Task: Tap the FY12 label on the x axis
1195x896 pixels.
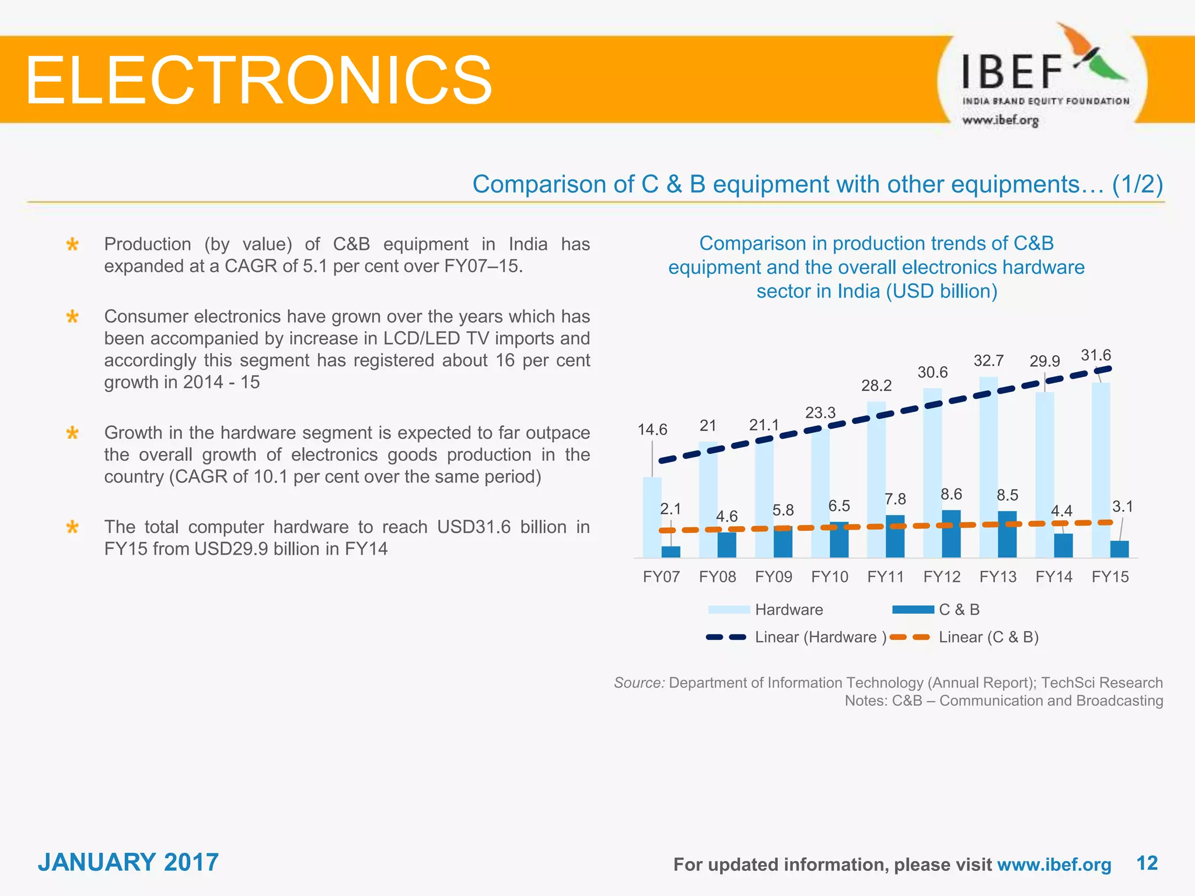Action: [941, 577]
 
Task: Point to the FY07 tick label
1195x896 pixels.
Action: [661, 577]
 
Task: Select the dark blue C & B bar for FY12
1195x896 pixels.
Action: [951, 534]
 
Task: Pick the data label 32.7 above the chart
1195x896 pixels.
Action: [988, 360]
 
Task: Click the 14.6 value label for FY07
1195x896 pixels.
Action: [652, 430]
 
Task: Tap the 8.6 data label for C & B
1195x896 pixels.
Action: [951, 495]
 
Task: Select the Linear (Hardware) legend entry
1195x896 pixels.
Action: [796, 637]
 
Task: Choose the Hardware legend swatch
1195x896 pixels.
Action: [729, 610]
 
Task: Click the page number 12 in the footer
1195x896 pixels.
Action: [1147, 863]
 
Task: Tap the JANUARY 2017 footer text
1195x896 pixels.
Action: [128, 862]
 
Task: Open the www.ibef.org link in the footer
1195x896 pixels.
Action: [1054, 864]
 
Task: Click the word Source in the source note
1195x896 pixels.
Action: [639, 682]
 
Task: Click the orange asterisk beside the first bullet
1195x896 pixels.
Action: [72, 244]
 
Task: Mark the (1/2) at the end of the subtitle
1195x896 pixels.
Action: [1137, 184]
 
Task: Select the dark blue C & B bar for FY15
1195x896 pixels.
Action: [1119, 549]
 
